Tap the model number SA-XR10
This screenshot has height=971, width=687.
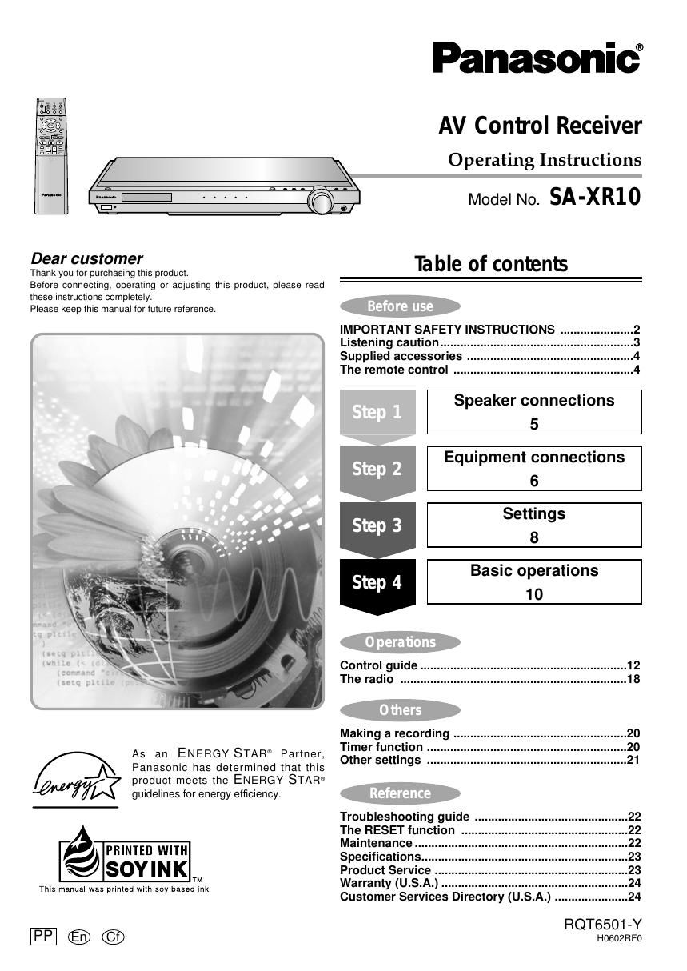coord(595,197)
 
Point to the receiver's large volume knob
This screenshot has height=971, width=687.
coord(322,202)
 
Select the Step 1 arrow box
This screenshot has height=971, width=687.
coord(377,413)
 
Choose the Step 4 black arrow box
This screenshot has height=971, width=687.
coord(377,583)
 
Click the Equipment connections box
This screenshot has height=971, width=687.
coord(534,468)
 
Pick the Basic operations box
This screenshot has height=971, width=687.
coord(534,581)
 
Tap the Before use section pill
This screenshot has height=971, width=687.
coord(400,306)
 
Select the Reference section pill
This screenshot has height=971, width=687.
coord(400,793)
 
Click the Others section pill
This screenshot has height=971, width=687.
coord(400,710)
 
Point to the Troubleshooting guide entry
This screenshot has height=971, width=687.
coord(405,817)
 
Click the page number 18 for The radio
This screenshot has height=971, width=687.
coord(633,679)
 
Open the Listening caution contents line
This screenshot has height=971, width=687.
coord(389,342)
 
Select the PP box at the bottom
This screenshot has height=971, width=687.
coord(43,936)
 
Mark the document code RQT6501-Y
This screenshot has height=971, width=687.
coord(602,925)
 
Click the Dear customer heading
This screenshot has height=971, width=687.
coord(86,258)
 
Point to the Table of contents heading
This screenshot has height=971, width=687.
coord(491,264)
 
